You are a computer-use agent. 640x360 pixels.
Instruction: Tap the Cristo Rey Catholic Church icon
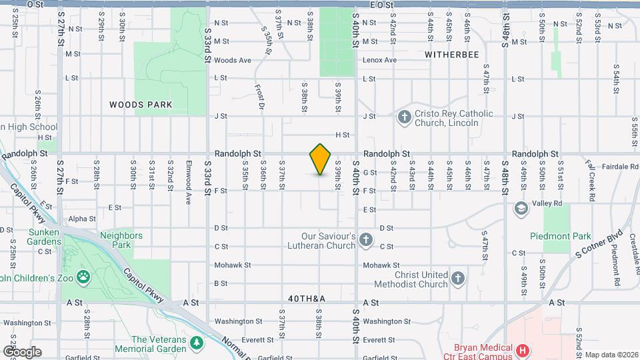point(404,118)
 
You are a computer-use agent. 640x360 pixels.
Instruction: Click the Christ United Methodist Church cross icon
point(457,279)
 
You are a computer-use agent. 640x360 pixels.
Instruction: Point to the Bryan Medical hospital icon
point(523,350)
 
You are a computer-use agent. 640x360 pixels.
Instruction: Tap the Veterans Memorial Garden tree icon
point(197,343)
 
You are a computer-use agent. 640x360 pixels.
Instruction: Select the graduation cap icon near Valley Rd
point(520,209)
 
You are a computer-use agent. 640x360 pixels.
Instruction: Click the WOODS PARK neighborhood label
point(141,105)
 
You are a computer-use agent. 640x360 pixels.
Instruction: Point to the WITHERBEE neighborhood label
point(453,55)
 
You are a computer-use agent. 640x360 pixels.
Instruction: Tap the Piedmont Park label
point(561,236)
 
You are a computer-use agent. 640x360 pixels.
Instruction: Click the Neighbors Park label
point(121,240)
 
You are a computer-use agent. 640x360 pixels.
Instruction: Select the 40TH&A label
point(307,299)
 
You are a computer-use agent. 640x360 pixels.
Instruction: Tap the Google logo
point(22,352)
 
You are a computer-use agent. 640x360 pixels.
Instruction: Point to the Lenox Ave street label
point(379,60)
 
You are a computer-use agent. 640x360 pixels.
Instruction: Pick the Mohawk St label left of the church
point(233,265)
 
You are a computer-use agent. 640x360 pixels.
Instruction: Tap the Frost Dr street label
point(260,97)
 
